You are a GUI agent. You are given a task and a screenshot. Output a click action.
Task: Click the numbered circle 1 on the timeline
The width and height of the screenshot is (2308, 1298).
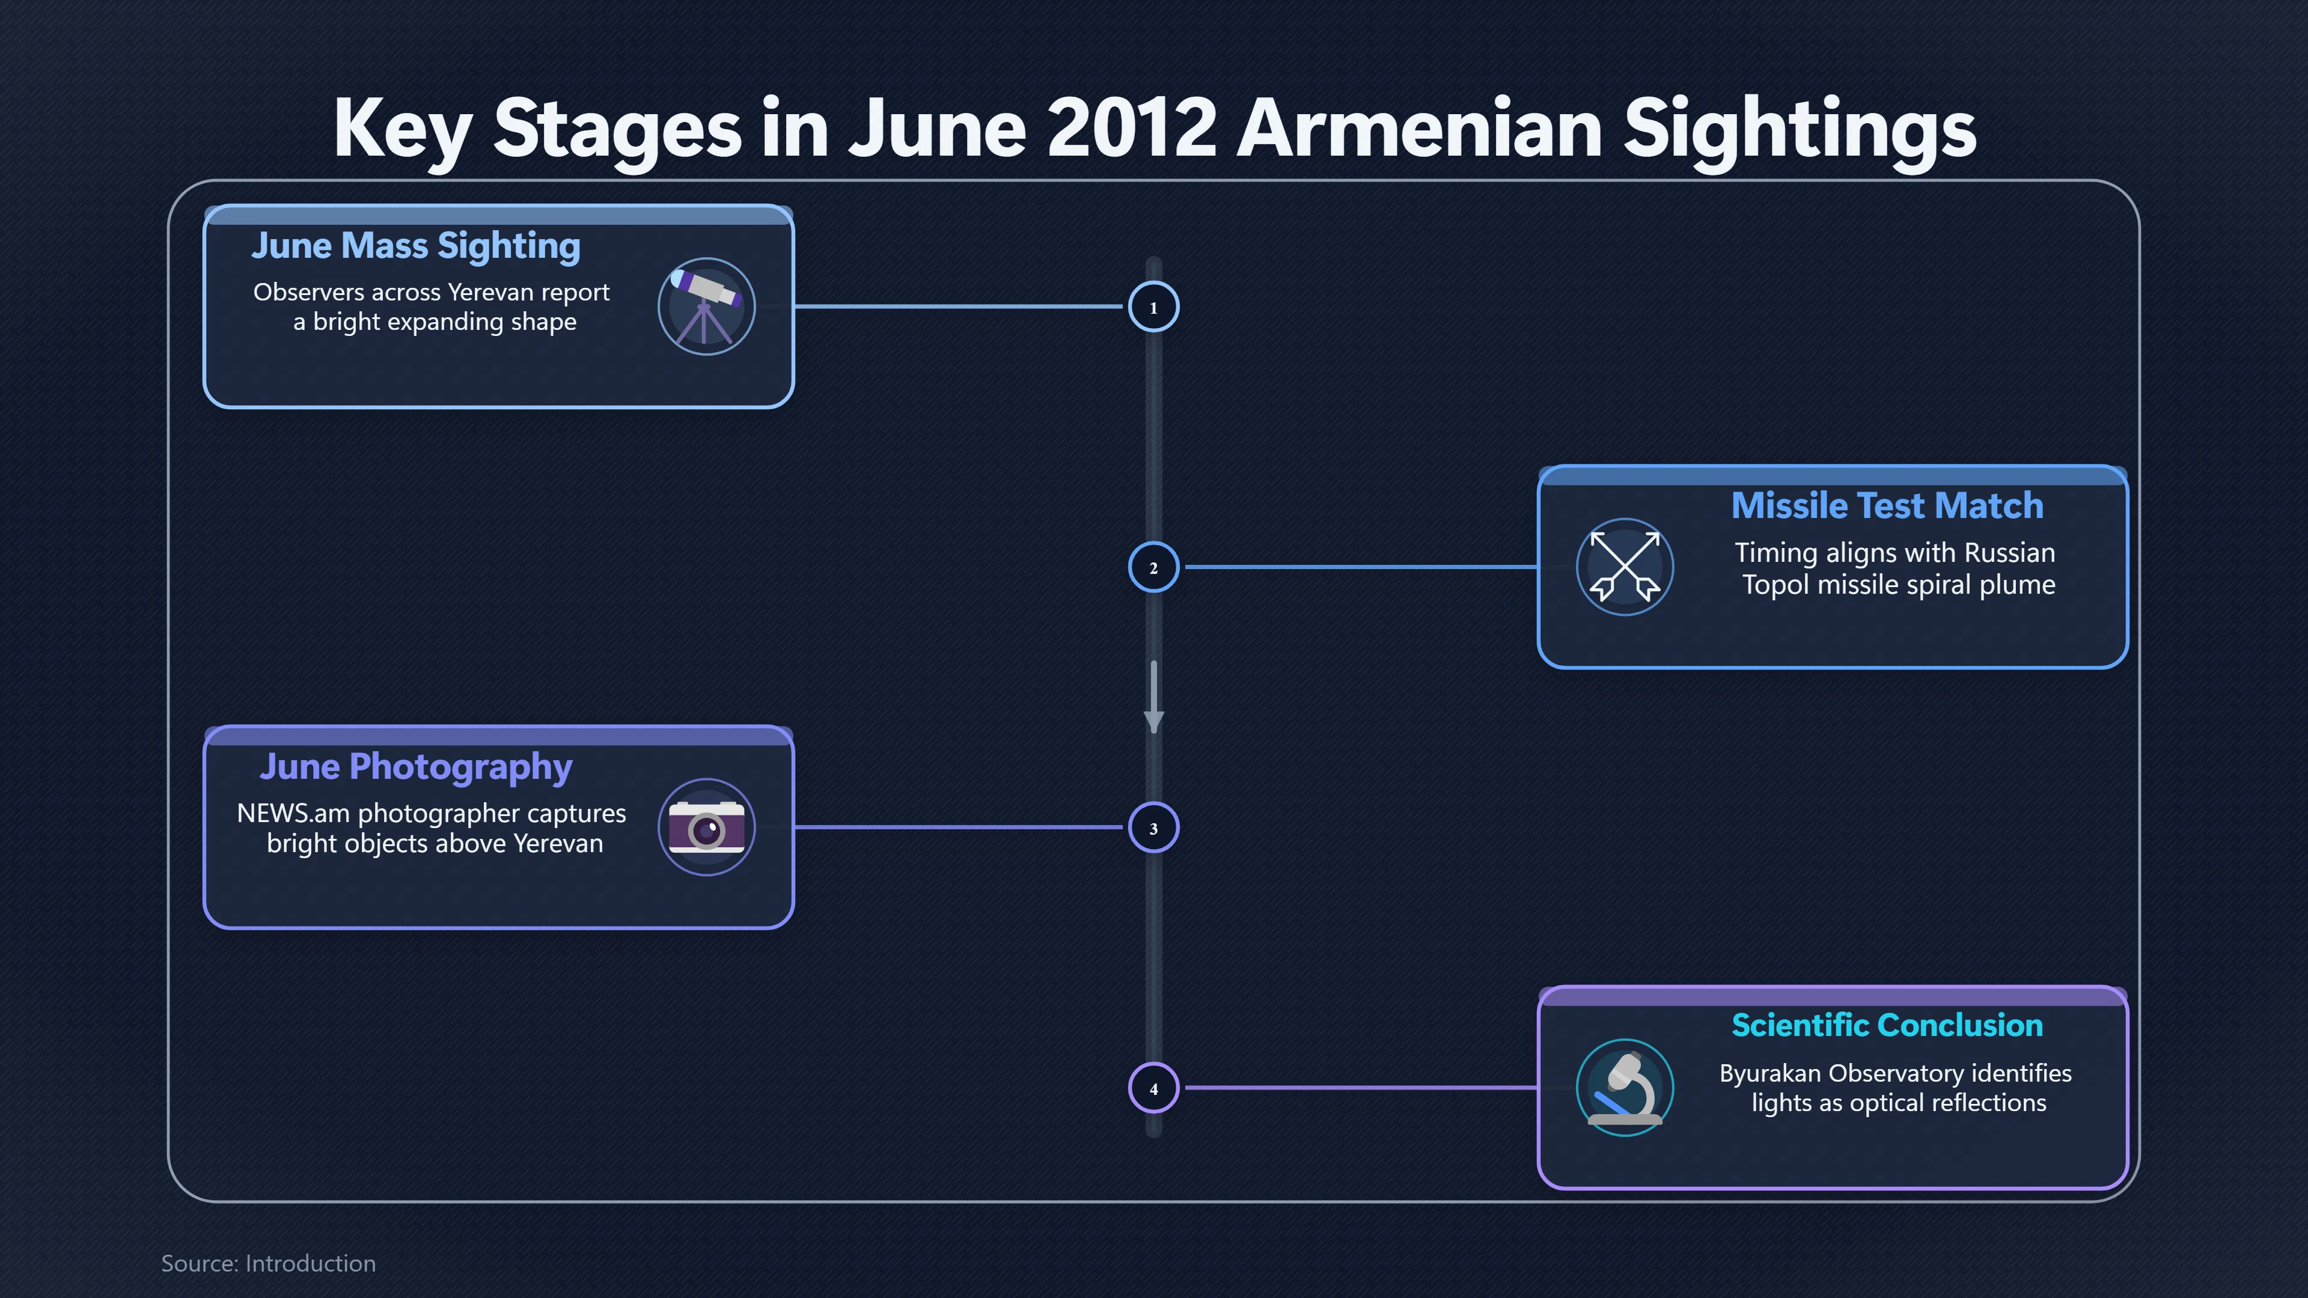[x=1153, y=307]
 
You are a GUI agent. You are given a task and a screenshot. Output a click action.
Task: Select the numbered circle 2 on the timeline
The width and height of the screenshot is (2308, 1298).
[x=1153, y=567]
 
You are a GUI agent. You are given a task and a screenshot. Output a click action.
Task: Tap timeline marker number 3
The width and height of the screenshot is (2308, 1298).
[x=1153, y=827]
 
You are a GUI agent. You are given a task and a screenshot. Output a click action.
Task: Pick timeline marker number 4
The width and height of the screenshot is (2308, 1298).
[x=1153, y=1088]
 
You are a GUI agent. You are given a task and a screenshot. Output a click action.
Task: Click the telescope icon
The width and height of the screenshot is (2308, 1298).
[x=706, y=306]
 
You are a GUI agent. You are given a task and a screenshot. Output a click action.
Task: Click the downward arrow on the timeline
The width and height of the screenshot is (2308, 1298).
[x=1154, y=697]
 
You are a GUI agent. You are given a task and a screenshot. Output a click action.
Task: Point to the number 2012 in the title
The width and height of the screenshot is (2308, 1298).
[x=1132, y=128]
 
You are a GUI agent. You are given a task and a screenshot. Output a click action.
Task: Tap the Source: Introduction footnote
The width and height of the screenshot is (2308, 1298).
[x=269, y=1263]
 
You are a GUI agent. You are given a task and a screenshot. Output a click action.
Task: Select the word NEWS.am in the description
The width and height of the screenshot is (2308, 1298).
[x=293, y=814]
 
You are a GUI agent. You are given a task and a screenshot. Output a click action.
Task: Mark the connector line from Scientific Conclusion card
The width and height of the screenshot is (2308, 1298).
[x=1362, y=1088]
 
